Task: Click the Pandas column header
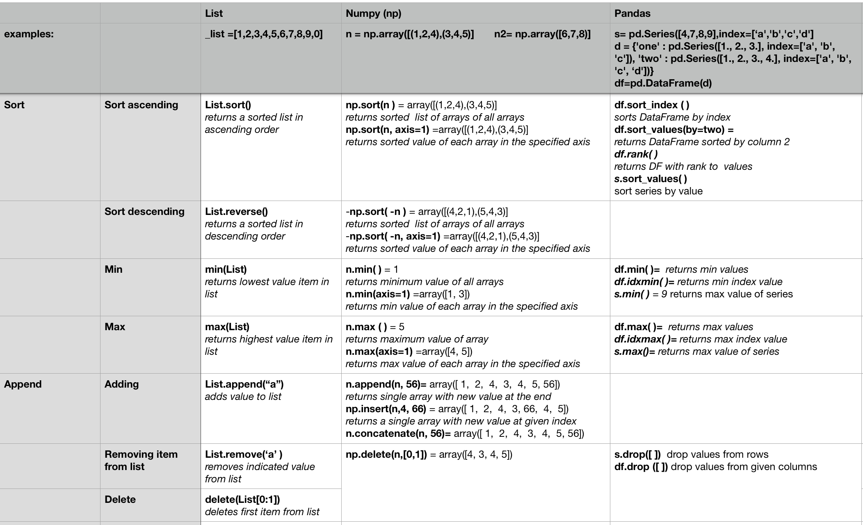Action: [632, 14]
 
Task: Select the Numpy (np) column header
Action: [373, 14]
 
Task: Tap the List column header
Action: [214, 14]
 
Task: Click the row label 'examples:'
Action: [29, 34]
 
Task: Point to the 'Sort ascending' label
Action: [141, 105]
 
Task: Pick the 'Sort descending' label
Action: [144, 212]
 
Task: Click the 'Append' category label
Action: [23, 384]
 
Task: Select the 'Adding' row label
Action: [121, 384]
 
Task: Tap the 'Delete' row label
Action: [120, 500]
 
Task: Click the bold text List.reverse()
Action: [236, 212]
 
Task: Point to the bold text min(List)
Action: [226, 269]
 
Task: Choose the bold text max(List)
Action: [227, 327]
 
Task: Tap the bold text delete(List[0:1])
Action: [242, 500]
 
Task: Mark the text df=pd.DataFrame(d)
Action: [663, 83]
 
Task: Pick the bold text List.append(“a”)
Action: [244, 384]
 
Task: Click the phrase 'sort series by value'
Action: [658, 191]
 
